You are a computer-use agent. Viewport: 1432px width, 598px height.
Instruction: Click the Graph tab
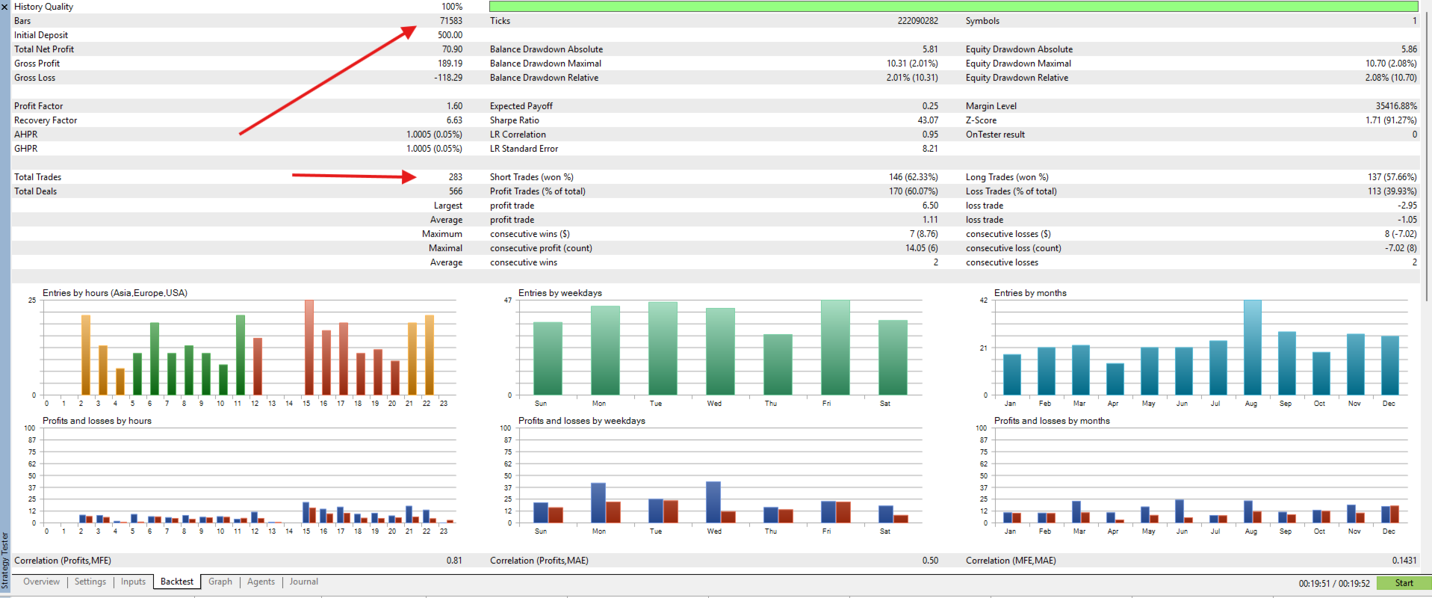coord(220,582)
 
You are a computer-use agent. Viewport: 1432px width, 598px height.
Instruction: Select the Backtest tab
coord(177,582)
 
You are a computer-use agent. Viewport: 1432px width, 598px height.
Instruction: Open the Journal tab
coord(303,582)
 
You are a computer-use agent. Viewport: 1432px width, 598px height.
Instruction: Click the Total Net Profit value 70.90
coord(452,49)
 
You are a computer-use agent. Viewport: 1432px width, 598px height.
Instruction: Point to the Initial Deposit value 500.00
coord(450,35)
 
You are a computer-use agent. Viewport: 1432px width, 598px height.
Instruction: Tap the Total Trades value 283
coord(456,177)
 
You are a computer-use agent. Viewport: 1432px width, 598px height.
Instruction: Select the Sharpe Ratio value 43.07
coord(928,120)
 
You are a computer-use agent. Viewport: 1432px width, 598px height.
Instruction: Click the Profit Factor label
coord(39,106)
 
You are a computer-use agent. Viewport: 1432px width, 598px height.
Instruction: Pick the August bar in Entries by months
coord(1252,348)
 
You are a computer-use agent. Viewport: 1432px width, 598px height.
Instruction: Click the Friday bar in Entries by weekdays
coord(835,348)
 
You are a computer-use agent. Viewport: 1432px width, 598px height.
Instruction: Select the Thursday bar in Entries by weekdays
coord(778,365)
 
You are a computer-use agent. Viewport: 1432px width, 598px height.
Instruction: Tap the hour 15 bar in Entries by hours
coord(309,348)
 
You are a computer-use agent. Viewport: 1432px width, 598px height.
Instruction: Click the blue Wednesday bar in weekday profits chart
coord(713,502)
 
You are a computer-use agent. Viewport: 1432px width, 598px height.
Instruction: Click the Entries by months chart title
coord(1030,293)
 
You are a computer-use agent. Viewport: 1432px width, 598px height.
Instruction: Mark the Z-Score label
coord(981,120)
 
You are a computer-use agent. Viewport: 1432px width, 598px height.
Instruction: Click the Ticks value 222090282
coord(918,21)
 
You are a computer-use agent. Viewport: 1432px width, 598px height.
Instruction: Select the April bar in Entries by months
coord(1115,379)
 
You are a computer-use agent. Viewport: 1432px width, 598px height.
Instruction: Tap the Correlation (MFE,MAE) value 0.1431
coord(1404,561)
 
